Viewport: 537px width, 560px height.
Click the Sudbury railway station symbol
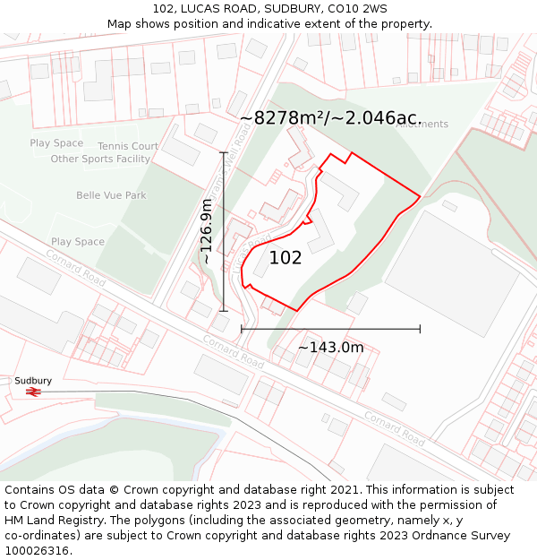(33, 392)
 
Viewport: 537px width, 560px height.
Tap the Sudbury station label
(33, 381)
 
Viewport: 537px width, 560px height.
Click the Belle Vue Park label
(111, 195)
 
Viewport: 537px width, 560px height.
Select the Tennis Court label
(128, 146)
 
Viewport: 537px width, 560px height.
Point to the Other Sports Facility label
(100, 159)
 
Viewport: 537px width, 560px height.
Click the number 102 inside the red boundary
(286, 258)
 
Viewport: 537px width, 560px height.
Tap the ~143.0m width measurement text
(330, 348)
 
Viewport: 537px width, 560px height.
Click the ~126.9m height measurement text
(207, 231)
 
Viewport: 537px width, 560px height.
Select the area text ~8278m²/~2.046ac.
(330, 117)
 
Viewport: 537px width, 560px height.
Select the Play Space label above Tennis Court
(56, 143)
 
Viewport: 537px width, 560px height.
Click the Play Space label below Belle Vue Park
(78, 242)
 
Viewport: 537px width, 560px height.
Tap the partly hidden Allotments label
(422, 125)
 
